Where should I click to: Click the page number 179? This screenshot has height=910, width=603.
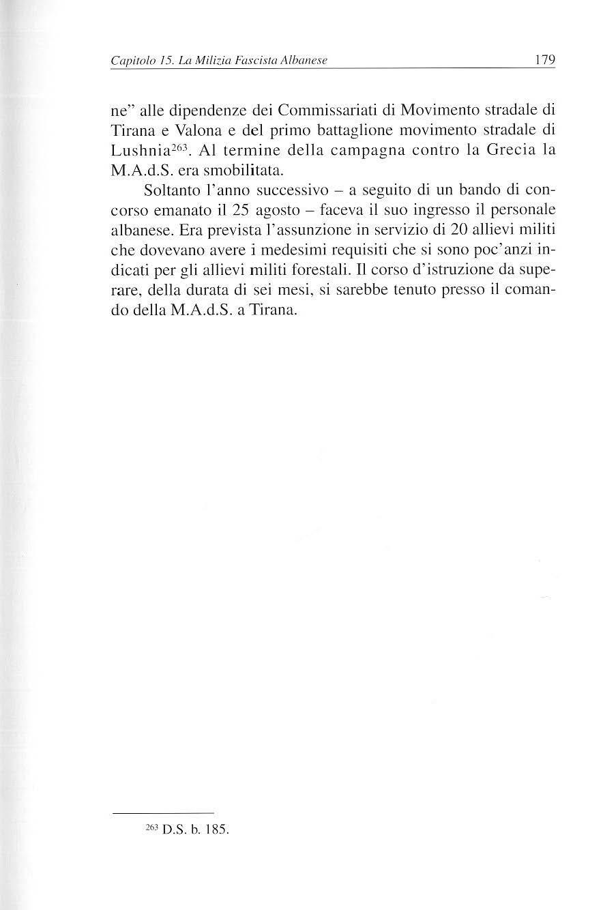(546, 60)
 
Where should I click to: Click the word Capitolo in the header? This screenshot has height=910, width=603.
(132, 61)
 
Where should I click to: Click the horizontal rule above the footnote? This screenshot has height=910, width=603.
(163, 812)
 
